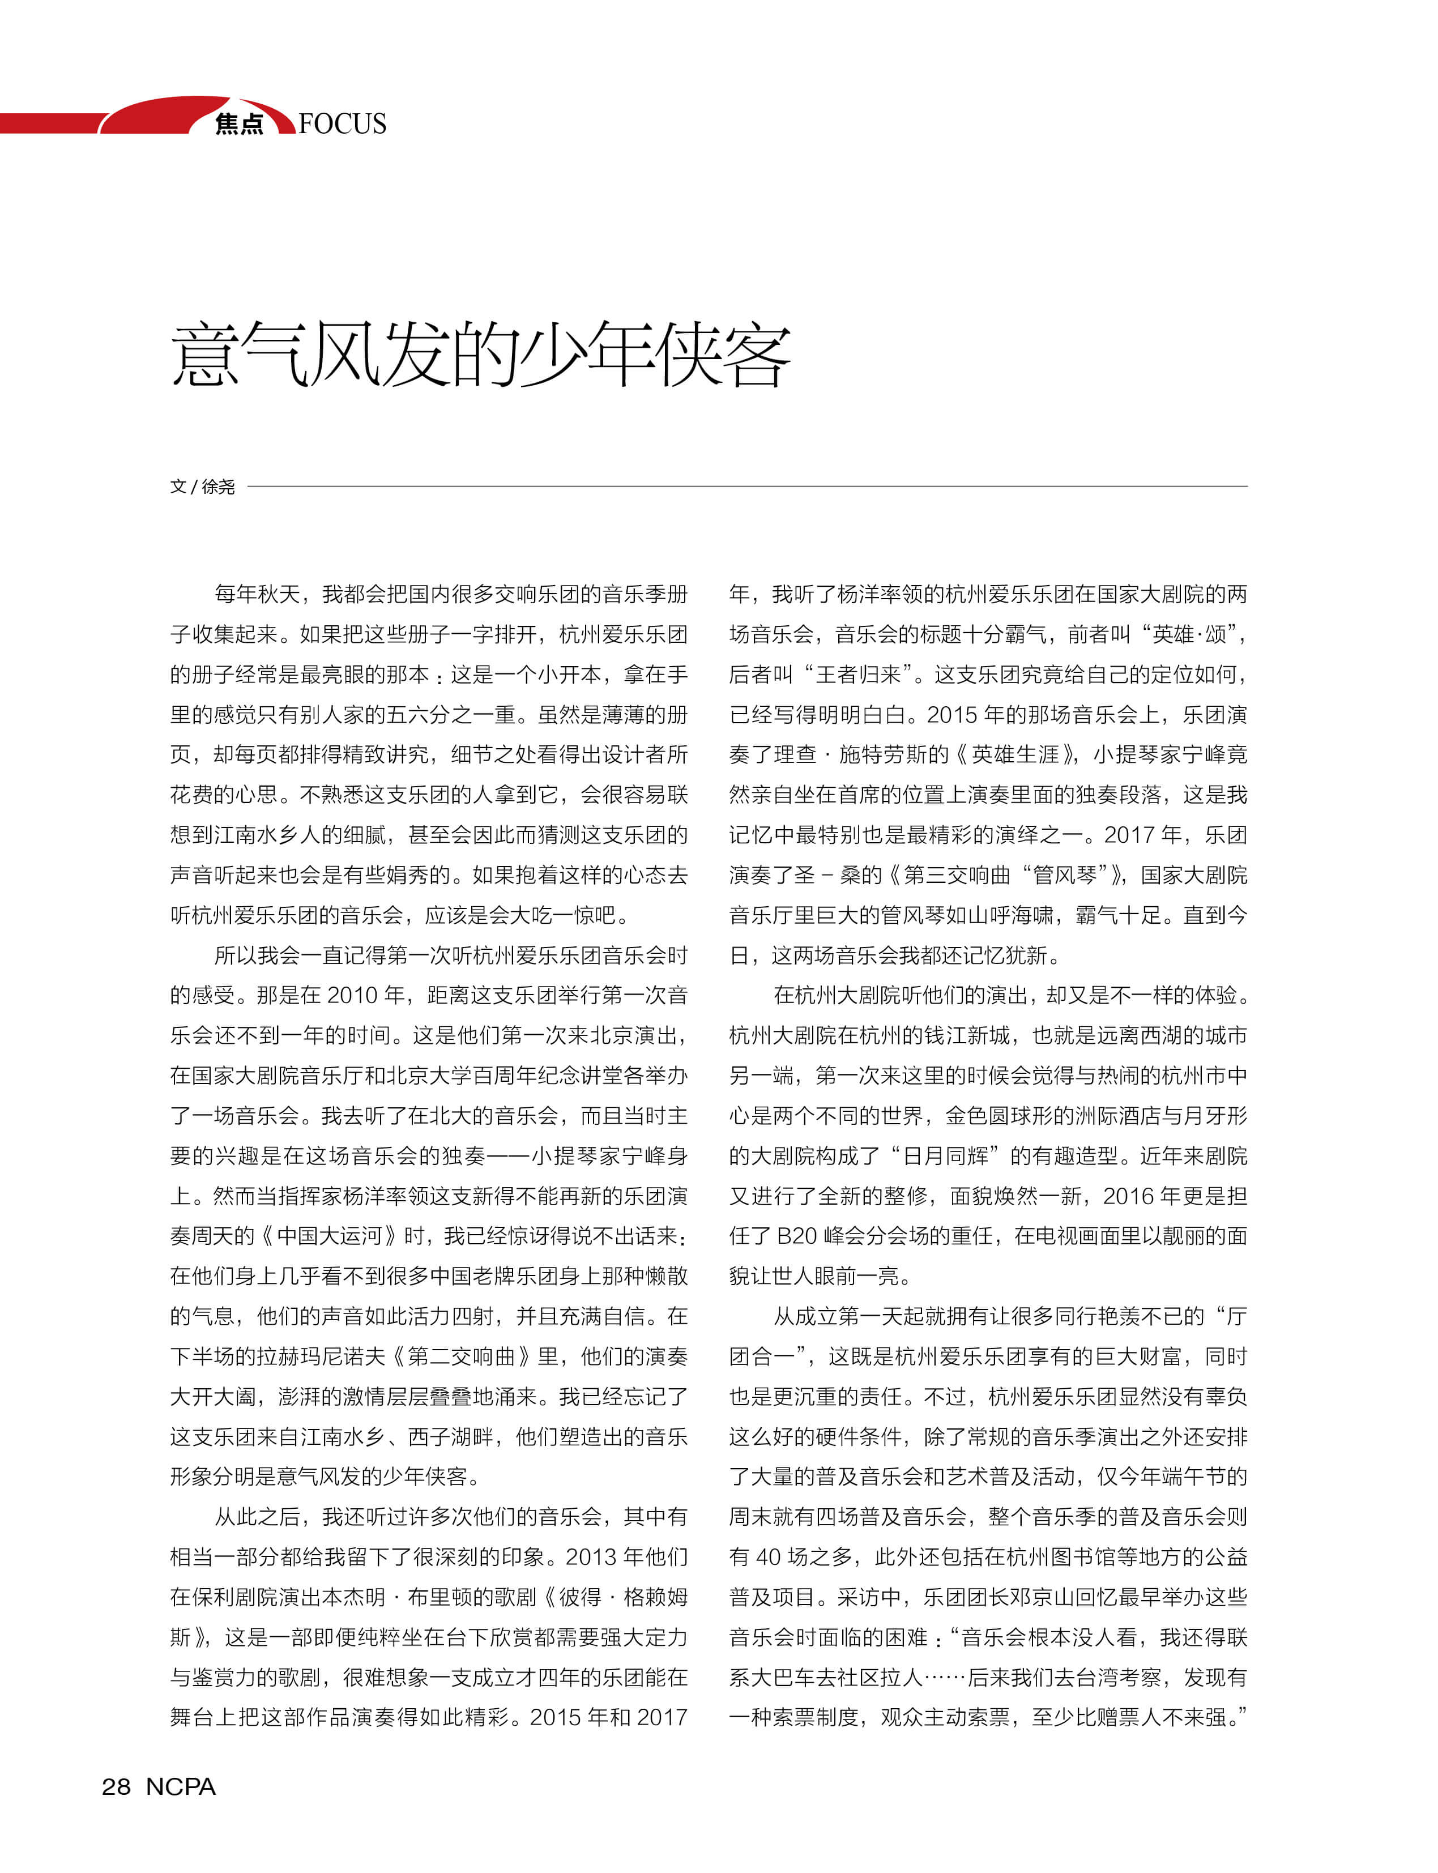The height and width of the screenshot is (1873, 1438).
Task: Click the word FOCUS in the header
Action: coord(343,124)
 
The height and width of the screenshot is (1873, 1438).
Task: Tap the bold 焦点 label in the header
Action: coord(239,124)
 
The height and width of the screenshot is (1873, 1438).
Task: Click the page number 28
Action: coord(117,1786)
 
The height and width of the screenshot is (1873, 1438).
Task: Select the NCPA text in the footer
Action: coord(181,1786)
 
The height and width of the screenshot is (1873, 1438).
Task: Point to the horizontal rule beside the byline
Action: coord(745,486)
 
